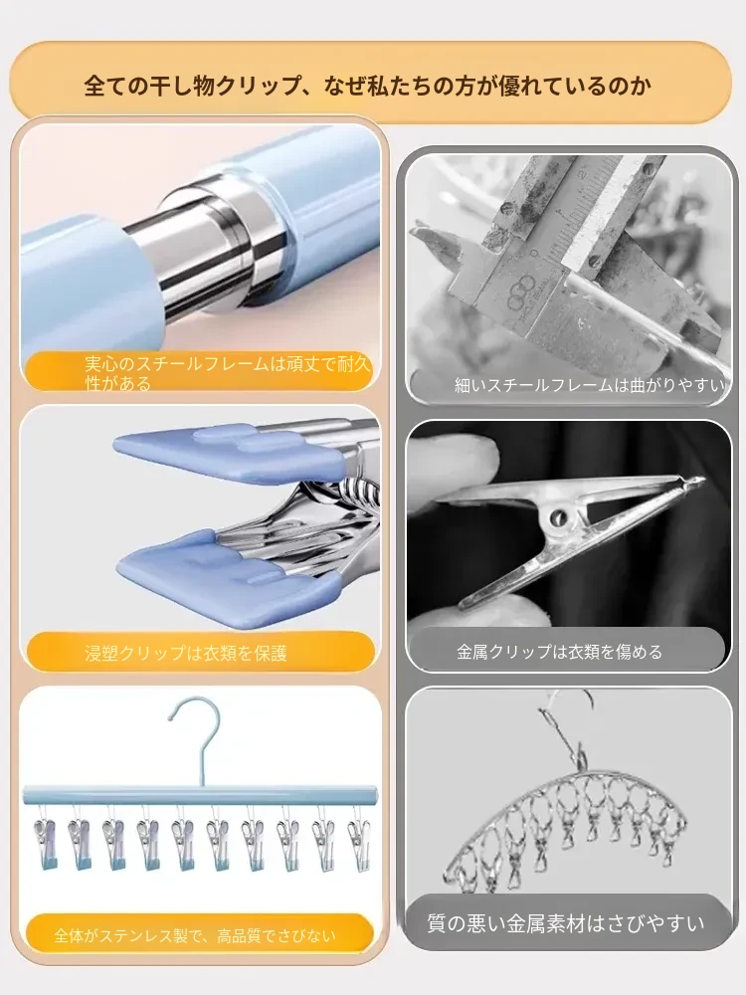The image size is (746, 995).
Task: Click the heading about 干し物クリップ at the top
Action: click(367, 85)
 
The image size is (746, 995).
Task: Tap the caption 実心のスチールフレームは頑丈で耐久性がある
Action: click(227, 373)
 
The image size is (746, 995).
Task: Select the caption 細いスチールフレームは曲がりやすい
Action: click(589, 384)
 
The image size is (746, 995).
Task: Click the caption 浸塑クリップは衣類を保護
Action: click(186, 653)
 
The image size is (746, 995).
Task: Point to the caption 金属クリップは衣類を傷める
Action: click(559, 652)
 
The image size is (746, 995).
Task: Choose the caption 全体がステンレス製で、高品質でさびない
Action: click(195, 934)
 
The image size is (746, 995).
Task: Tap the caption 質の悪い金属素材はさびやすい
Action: click(565, 922)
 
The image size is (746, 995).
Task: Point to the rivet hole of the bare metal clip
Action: click(559, 517)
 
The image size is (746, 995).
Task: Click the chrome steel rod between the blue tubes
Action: click(209, 253)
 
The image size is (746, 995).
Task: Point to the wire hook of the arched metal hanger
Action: click(569, 729)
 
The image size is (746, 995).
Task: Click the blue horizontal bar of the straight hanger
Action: click(200, 795)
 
